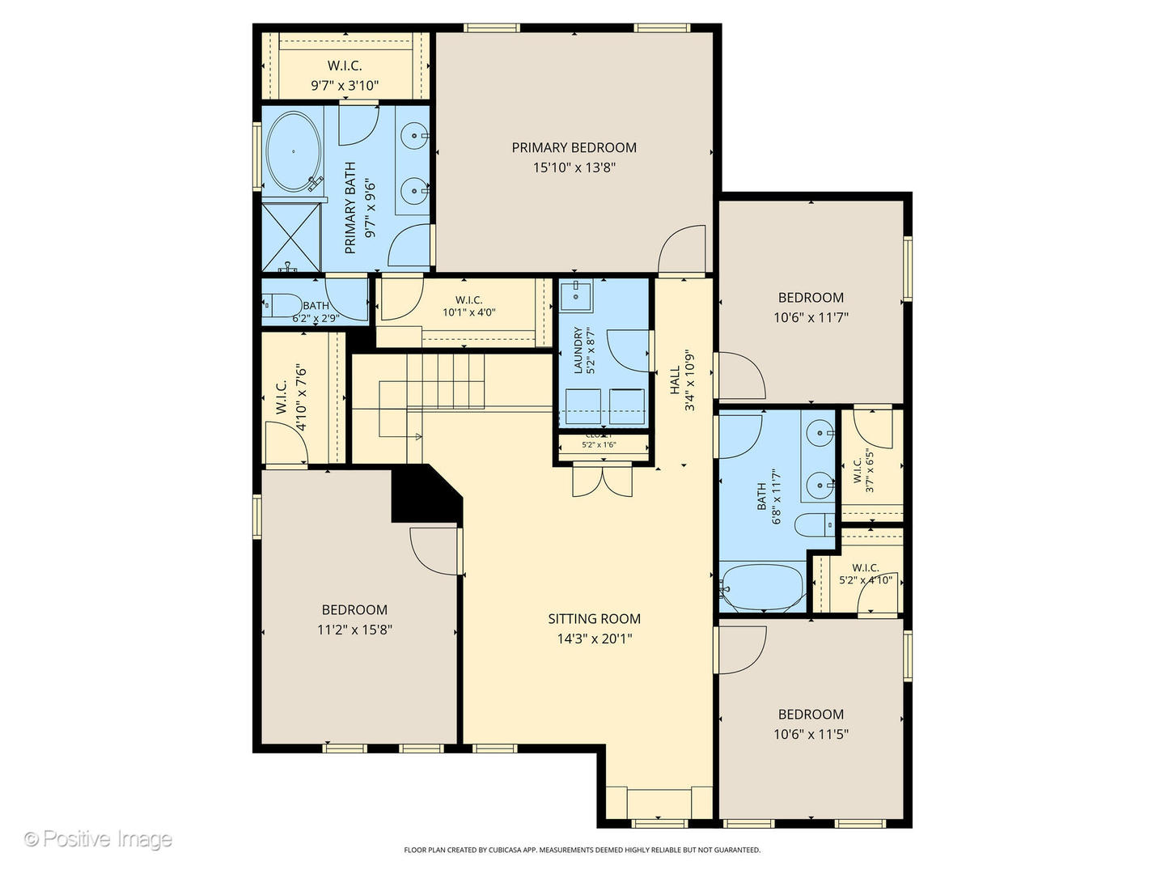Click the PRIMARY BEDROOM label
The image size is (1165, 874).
[x=574, y=147]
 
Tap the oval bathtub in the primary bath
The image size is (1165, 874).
[x=293, y=151]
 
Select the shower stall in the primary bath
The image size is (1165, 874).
[x=290, y=237]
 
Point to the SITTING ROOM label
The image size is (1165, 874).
[x=594, y=618]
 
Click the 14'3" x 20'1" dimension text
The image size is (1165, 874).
[x=594, y=639]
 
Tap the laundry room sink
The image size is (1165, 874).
[x=576, y=295]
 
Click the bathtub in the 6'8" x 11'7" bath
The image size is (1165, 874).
[x=762, y=588]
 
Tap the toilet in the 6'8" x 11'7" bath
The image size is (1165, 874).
[x=813, y=525]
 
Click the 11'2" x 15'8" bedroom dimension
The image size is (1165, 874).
[x=354, y=630]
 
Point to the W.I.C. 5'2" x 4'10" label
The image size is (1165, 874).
[x=865, y=574]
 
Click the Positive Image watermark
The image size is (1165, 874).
[x=98, y=839]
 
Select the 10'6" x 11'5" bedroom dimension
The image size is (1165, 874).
[x=811, y=734]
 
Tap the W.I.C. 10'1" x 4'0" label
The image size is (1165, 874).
[x=468, y=306]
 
